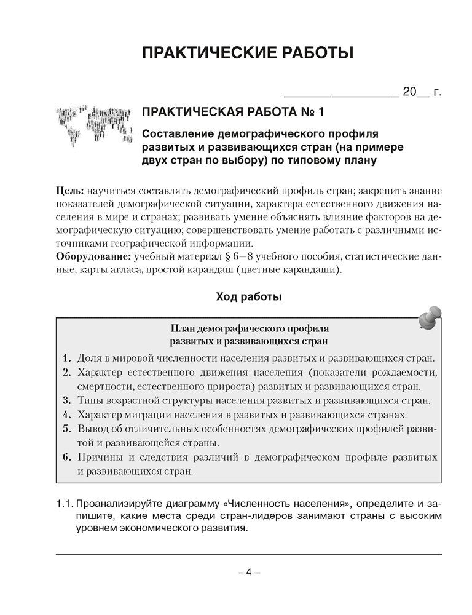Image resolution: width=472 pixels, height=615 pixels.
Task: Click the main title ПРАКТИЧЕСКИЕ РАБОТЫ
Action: pyautogui.click(x=248, y=52)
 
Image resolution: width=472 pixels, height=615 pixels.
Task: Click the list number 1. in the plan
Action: pyautogui.click(x=67, y=357)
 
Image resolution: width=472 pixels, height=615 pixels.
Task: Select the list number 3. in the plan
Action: pyautogui.click(x=67, y=401)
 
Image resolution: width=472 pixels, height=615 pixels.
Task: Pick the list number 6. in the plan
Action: pyautogui.click(x=67, y=458)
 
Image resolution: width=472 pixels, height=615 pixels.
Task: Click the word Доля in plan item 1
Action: pyautogui.click(x=90, y=357)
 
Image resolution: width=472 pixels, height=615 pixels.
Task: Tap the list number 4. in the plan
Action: pyautogui.click(x=67, y=415)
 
